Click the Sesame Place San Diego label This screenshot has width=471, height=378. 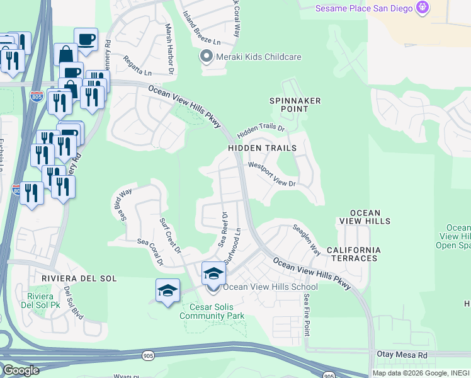pos(363,8)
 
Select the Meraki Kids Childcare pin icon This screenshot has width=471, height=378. pos(206,57)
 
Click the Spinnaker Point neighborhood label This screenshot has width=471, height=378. pos(295,105)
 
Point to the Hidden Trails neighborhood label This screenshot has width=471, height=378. pos(262,148)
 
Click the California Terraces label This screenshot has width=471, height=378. pos(353,254)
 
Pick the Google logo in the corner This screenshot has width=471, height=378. pos(20,370)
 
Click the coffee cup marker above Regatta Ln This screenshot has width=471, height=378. pos(86,40)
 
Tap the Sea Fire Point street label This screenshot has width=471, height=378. pos(307,314)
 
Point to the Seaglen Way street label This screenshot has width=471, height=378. pos(306,239)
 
